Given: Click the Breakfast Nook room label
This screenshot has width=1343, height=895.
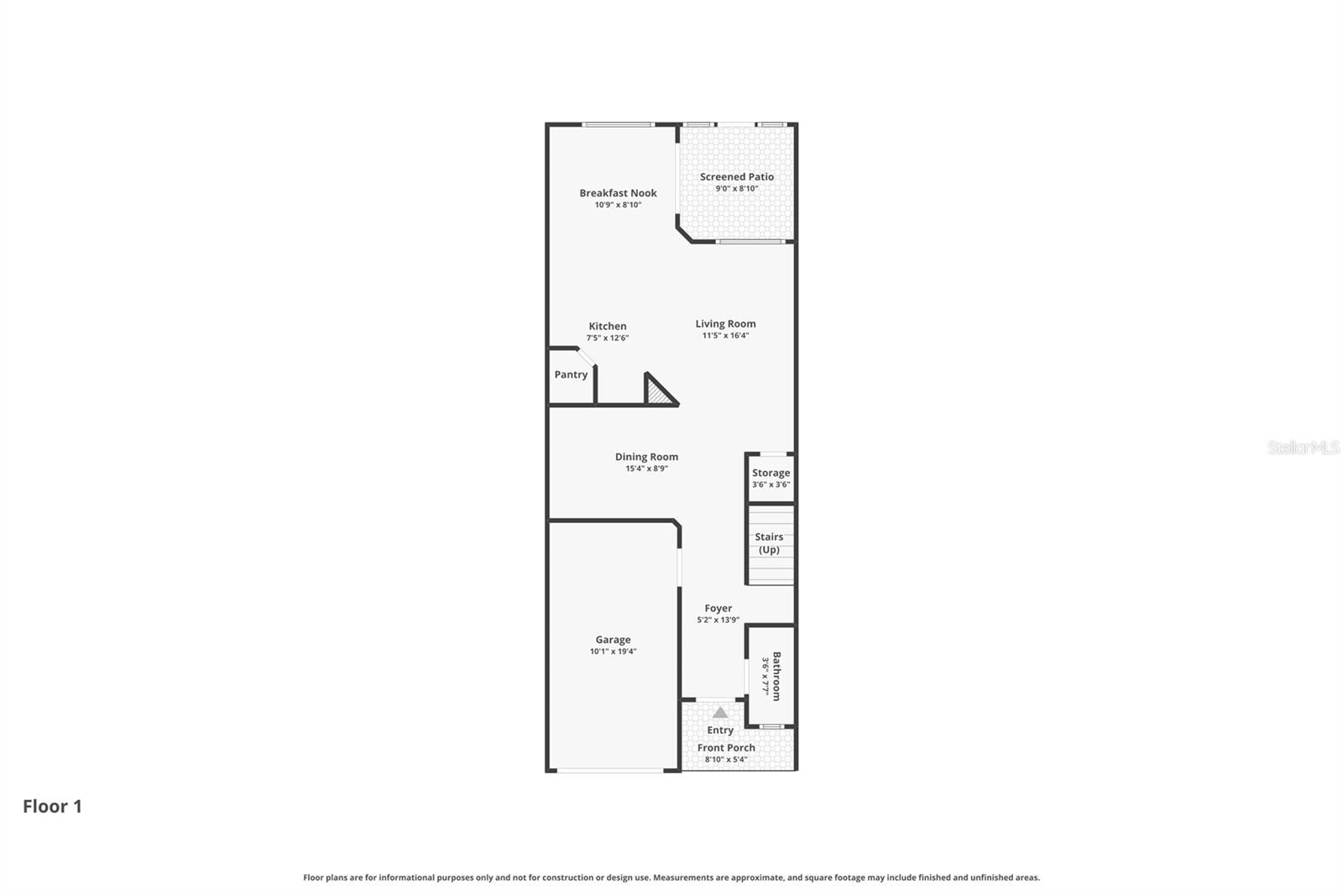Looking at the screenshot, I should (x=618, y=193).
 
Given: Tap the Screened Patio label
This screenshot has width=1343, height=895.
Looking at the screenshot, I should (x=737, y=176).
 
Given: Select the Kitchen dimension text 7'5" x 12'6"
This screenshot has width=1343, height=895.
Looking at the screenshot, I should (x=607, y=338).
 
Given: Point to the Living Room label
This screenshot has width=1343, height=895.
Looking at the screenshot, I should (x=725, y=323).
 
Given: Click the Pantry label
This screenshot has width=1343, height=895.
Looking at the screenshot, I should (x=571, y=374).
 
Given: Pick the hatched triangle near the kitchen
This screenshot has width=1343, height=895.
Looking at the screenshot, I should (x=658, y=393).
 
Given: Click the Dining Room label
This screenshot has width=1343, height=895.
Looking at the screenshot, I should (x=646, y=457).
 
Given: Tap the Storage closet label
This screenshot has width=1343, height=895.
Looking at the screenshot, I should (x=771, y=473).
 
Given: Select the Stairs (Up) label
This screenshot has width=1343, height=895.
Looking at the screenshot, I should (x=769, y=543).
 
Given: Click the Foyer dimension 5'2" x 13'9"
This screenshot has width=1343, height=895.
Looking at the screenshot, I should (x=718, y=620).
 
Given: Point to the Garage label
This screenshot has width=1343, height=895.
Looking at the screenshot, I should (x=613, y=639).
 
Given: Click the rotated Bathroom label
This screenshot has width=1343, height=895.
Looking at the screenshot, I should (x=776, y=676).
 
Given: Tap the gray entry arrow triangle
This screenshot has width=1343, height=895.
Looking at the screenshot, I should (x=720, y=712).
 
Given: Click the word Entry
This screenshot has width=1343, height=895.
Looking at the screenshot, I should (x=720, y=730).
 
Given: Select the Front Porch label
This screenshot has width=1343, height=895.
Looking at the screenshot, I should (x=726, y=747).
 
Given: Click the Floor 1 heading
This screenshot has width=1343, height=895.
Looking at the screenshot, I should (x=52, y=806).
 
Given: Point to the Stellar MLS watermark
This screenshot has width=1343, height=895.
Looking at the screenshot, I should (x=1303, y=447).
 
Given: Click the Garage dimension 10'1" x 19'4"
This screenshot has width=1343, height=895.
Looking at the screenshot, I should (x=613, y=652).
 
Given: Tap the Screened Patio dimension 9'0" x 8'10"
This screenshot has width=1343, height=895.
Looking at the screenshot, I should (x=736, y=189).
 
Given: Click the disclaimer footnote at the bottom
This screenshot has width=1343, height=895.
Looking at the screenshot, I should (x=671, y=877).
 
